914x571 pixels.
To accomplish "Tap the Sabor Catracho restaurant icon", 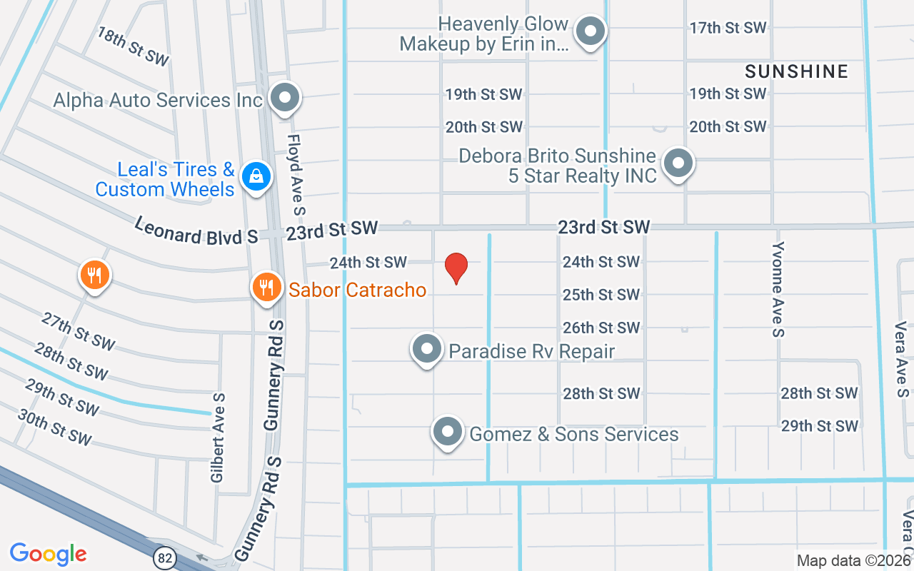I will [x=266, y=287].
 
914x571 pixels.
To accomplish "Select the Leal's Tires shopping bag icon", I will [x=255, y=176].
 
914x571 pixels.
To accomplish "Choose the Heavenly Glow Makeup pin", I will [x=591, y=31].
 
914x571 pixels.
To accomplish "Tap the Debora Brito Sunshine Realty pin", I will [x=678, y=163].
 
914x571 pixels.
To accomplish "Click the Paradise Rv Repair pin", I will [x=427, y=349].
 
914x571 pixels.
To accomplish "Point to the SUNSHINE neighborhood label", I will [x=796, y=71].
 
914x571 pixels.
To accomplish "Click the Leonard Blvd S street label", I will [x=196, y=232].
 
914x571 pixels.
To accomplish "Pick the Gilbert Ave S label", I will [x=218, y=437].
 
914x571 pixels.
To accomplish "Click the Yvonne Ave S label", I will [x=778, y=288].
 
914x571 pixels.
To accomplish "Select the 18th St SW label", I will [x=132, y=47].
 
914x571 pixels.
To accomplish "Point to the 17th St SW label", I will [x=728, y=28].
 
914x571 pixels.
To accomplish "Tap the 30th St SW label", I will [x=54, y=427].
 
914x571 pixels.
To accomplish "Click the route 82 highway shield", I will [x=165, y=557].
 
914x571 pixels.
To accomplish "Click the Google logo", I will [x=49, y=553].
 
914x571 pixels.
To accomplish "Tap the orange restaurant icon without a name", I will [x=94, y=274].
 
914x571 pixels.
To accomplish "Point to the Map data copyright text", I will [x=853, y=561].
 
